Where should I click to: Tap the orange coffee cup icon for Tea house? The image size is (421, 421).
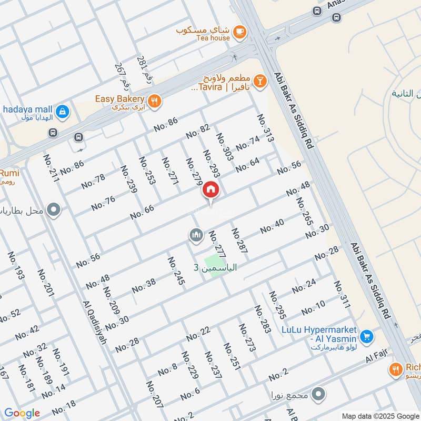(x=239, y=32)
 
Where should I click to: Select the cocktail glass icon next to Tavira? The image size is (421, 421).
(x=259, y=81)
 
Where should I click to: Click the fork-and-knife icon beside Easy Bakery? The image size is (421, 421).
(x=154, y=101)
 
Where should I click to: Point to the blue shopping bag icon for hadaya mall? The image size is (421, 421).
(x=63, y=111)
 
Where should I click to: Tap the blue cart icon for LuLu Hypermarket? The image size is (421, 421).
(x=367, y=336)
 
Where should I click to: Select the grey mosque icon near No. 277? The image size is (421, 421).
(x=196, y=235)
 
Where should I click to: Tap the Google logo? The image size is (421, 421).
(x=22, y=413)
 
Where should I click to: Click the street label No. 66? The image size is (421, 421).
(x=142, y=212)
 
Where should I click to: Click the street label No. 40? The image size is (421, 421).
(x=272, y=226)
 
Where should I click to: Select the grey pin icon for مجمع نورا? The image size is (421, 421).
(x=318, y=394)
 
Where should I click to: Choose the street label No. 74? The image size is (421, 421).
(x=248, y=143)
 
